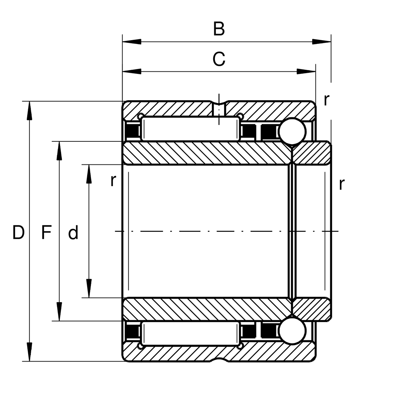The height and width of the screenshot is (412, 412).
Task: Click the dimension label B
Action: click(219, 29)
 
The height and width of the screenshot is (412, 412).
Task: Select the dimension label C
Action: click(219, 59)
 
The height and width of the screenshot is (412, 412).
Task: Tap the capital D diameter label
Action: click(19, 233)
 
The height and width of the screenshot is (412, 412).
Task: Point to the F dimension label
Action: click(46, 233)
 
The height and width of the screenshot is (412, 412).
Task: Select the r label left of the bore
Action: click(113, 181)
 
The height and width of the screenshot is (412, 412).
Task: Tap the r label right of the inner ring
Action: click(341, 184)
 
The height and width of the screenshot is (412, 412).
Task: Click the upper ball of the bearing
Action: click(292, 131)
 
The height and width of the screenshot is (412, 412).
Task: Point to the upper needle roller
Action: click(191, 129)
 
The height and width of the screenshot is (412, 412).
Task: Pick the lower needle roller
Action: click(191, 333)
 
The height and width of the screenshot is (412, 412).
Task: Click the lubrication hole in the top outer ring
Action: click(219, 109)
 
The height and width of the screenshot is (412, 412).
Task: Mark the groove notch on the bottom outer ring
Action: click(219, 360)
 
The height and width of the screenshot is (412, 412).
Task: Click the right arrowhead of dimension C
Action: click(306, 72)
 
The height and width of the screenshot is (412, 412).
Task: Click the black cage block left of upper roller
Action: click(132, 131)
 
